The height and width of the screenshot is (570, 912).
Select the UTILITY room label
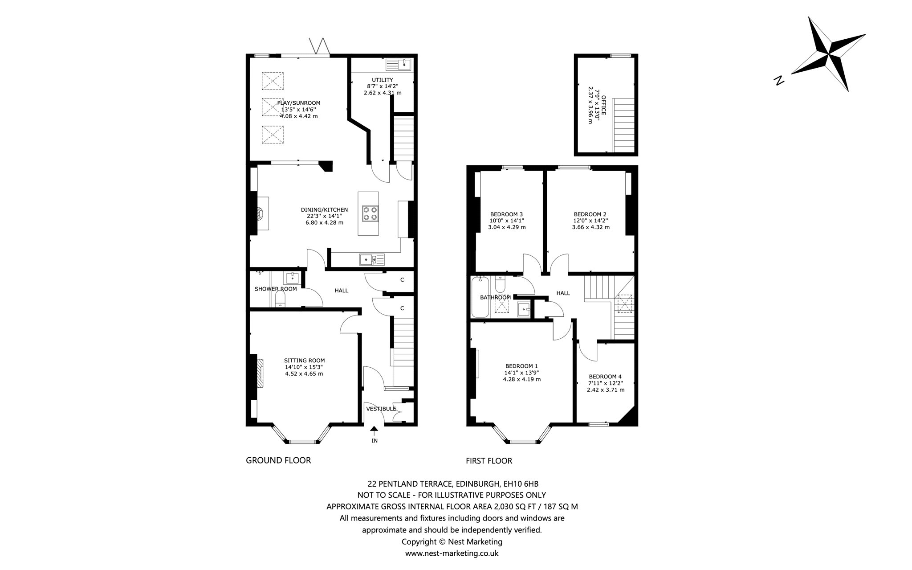[x=383, y=80]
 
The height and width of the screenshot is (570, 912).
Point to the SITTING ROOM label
[x=305, y=361]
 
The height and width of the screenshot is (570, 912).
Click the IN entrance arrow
[x=374, y=431]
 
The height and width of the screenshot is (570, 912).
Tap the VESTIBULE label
[x=381, y=409]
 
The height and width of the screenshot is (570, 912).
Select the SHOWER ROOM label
[x=276, y=289]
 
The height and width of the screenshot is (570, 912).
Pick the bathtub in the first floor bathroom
[x=480, y=297]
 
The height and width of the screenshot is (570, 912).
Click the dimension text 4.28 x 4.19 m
[x=522, y=379]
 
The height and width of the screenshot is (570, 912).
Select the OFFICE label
[x=604, y=105]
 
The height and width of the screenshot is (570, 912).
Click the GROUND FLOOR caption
[x=278, y=460]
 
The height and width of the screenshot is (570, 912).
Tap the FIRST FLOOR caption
[x=489, y=461]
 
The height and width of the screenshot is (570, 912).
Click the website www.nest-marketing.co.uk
[x=452, y=554]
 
